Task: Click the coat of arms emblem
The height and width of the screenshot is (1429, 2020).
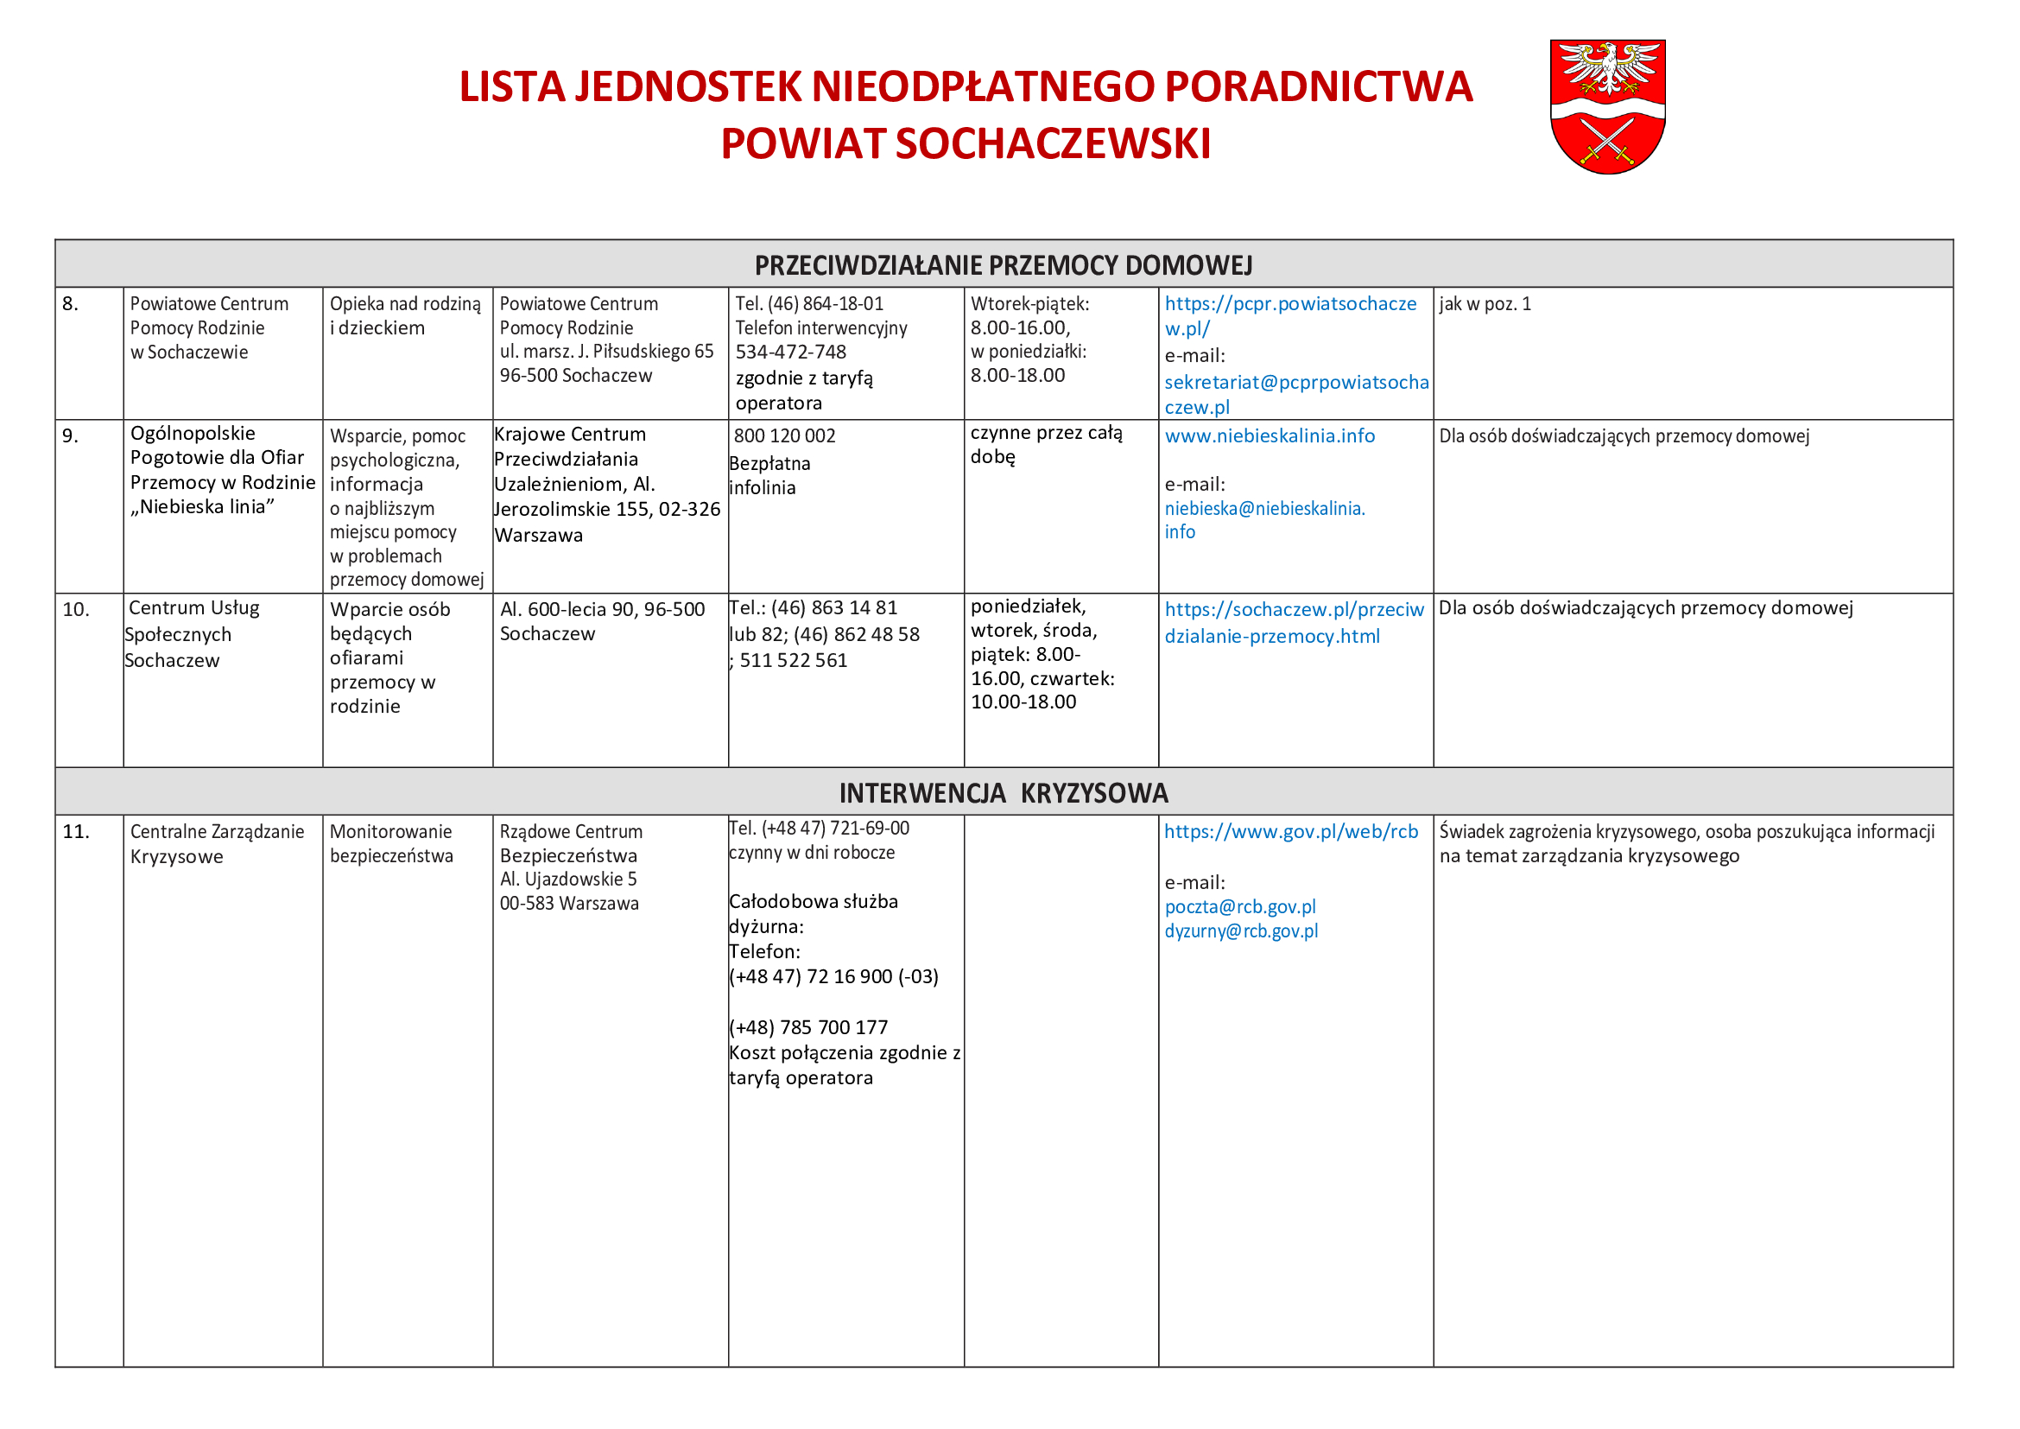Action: pos(1606,105)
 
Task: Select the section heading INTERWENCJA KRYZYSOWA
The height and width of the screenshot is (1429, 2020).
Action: pos(1003,793)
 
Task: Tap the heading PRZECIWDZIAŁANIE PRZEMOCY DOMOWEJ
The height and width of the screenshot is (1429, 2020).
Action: pos(1003,265)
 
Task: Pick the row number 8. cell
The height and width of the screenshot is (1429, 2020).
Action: pos(70,304)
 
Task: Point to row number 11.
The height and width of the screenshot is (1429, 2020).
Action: pos(76,831)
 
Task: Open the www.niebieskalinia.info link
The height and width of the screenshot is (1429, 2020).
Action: pos(1269,436)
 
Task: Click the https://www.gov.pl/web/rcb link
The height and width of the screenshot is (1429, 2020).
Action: pos(1290,831)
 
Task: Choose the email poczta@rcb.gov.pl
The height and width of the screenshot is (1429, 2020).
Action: pos(1239,906)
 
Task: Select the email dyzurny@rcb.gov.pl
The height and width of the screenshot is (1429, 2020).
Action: pos(1240,931)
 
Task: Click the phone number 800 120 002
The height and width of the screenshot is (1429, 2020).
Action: pos(784,436)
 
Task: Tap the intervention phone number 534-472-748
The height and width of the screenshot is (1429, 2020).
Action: pos(790,352)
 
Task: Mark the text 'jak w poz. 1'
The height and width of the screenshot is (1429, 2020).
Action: pos(1485,304)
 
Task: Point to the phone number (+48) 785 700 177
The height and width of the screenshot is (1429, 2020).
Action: pos(808,1027)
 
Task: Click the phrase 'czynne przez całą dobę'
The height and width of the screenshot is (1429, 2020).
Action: pos(1045,444)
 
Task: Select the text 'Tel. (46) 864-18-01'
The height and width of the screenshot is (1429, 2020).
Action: pos(808,304)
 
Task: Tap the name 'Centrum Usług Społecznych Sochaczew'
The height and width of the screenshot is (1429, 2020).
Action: pos(192,633)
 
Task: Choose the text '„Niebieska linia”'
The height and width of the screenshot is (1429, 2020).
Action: pos(202,507)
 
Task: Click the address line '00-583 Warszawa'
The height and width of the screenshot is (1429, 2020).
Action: pos(568,904)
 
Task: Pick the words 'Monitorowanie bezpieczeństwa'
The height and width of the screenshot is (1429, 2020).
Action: pos(390,843)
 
